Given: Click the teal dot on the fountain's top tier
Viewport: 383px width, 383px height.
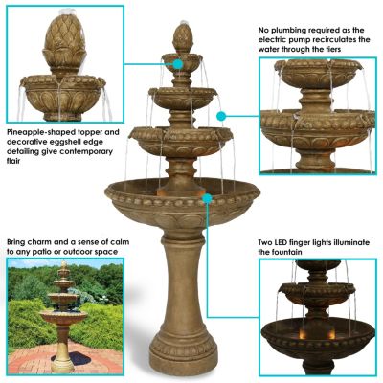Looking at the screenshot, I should [178, 65].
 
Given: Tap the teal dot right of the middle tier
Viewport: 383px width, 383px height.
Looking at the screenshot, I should [220, 115].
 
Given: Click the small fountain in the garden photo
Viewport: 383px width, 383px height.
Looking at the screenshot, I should [63, 316].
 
